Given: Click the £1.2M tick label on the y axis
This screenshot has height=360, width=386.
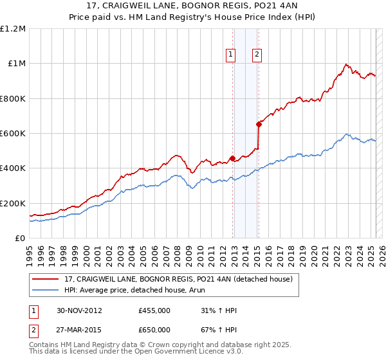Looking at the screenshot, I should point(13,28).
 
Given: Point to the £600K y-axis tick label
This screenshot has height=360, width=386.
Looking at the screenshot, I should point(13,134).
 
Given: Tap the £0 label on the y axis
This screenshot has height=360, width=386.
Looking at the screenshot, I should point(20,239).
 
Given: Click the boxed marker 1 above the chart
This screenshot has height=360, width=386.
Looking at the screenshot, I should point(230,55).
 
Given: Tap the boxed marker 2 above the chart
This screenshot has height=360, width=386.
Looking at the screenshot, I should point(257,55).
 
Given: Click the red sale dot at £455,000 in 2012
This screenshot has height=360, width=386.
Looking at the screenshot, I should point(232,159).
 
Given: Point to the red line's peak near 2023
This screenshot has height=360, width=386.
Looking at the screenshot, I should point(346,64).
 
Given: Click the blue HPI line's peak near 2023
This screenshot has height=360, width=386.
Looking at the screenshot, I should point(347,134).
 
